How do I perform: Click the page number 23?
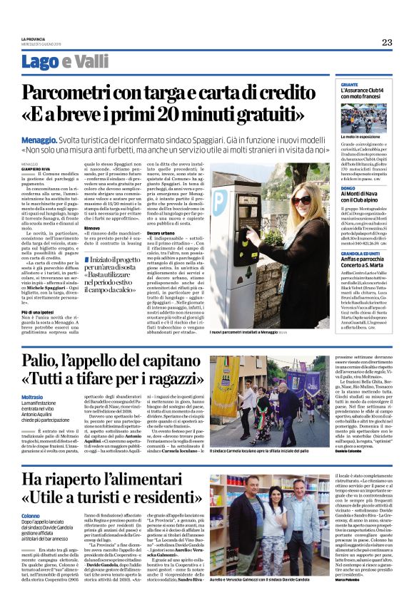386,42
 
